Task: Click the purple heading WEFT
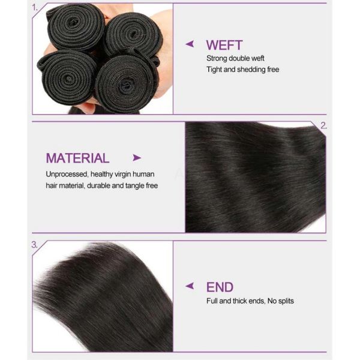(x=224, y=45)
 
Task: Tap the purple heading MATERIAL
(x=77, y=158)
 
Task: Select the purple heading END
(x=220, y=287)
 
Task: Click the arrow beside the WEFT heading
(x=190, y=44)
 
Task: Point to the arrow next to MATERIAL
(x=137, y=158)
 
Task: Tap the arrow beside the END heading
(x=190, y=286)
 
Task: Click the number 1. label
(x=35, y=8)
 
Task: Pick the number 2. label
(x=323, y=126)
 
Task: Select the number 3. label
(x=35, y=245)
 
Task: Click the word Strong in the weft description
(x=217, y=58)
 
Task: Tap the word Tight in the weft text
(x=215, y=70)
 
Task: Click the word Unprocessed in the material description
(x=67, y=174)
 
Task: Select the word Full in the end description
(x=212, y=301)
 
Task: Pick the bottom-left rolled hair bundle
(x=65, y=74)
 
